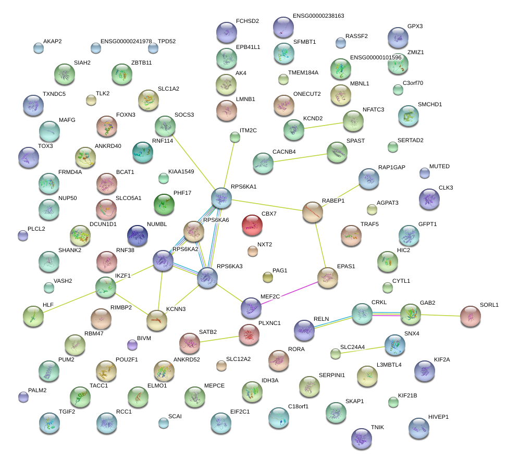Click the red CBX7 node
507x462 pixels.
(x=252, y=225)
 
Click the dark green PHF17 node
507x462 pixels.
(x=164, y=204)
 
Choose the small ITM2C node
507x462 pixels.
(x=235, y=138)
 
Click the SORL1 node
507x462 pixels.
(x=471, y=316)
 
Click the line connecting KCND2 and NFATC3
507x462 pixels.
(x=323, y=125)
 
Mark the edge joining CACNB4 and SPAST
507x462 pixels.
(x=300, y=158)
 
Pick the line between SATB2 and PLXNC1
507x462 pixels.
(x=219, y=339)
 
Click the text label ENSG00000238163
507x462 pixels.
(x=318, y=16)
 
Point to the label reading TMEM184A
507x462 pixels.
(x=303, y=73)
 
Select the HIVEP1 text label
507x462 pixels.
(x=438, y=417)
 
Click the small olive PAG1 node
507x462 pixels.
(x=267, y=277)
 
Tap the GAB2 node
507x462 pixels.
(x=410, y=314)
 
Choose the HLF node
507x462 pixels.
(x=33, y=315)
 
